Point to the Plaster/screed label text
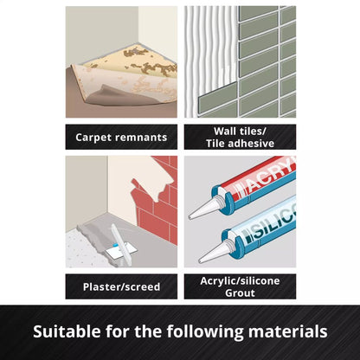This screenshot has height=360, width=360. coord(121,286)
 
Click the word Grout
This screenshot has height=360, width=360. coord(240,292)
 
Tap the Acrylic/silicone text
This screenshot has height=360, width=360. coord(240,280)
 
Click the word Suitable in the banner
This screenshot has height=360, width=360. coord(67,331)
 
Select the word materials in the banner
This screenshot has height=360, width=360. coord(287,331)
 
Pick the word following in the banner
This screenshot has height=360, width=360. coord(205,331)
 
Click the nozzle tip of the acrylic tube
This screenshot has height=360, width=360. coord(190,217)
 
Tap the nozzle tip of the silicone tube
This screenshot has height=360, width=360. coord(200,261)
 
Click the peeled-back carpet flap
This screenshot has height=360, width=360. coord(127,87)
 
